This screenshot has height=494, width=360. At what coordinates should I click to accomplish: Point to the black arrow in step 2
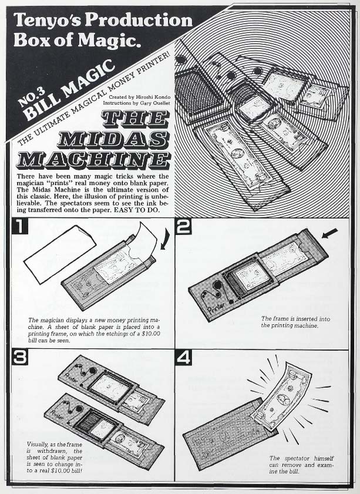coord(331,234)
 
